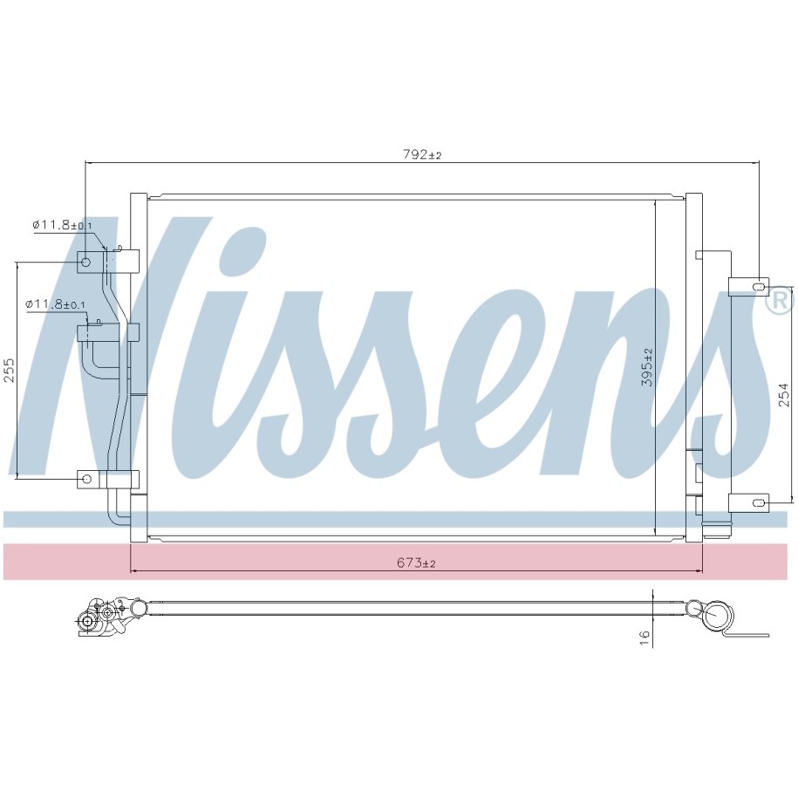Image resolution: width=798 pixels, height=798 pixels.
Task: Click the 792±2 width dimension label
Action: (422, 154)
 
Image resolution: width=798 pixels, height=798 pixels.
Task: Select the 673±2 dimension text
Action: (416, 563)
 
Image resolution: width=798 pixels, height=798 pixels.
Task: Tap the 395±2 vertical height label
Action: (647, 367)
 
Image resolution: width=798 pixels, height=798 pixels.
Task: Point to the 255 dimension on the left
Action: (10, 370)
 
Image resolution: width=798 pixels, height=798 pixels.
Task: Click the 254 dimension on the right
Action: (783, 394)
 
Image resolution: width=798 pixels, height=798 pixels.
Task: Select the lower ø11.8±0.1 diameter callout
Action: (56, 304)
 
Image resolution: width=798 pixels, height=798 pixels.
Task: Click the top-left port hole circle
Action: (85, 263)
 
